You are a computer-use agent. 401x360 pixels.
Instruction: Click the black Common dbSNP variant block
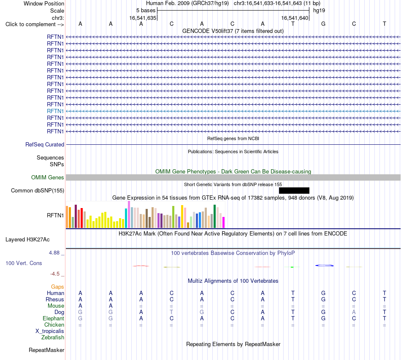[x=294, y=190]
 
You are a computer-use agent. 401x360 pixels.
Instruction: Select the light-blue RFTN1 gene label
[x=55, y=111]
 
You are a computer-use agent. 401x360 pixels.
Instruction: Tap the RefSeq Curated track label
[x=45, y=144]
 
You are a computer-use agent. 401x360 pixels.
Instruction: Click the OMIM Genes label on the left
[x=48, y=177]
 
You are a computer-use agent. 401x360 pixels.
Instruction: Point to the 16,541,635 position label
[x=143, y=18]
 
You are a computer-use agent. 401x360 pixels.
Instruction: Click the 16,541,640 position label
[x=295, y=18]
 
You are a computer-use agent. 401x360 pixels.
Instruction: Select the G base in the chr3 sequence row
[x=323, y=24]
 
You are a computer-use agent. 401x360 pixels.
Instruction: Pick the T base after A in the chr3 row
[x=293, y=24]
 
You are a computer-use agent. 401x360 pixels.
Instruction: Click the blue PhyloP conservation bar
[x=324, y=265]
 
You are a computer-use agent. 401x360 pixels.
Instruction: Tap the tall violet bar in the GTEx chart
[x=129, y=214]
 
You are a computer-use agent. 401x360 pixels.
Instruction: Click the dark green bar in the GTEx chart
[x=214, y=217]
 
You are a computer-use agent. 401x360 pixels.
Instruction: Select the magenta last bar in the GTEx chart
[x=224, y=222]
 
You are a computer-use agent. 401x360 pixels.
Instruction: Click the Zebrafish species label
[x=53, y=338]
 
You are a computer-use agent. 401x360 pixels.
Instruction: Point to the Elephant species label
[x=53, y=318]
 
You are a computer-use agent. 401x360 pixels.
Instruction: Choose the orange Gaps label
[x=57, y=287]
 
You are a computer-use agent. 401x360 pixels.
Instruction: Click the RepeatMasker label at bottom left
[x=46, y=350]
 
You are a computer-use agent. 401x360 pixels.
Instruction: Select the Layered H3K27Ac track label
[x=27, y=240]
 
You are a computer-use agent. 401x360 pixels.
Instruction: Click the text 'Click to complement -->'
[x=35, y=24]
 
